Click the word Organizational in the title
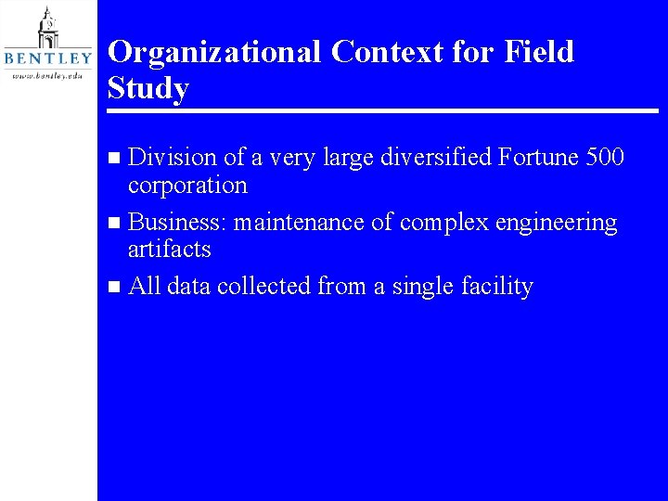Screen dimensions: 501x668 pos(215,53)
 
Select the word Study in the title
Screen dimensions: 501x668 pos(148,89)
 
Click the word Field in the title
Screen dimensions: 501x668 pos(539,52)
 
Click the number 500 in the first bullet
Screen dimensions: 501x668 pos(606,159)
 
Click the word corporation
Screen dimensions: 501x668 pos(187,186)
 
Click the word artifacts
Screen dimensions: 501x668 pos(169,250)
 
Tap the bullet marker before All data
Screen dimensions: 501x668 pos(114,288)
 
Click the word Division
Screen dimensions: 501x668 pos(170,159)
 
